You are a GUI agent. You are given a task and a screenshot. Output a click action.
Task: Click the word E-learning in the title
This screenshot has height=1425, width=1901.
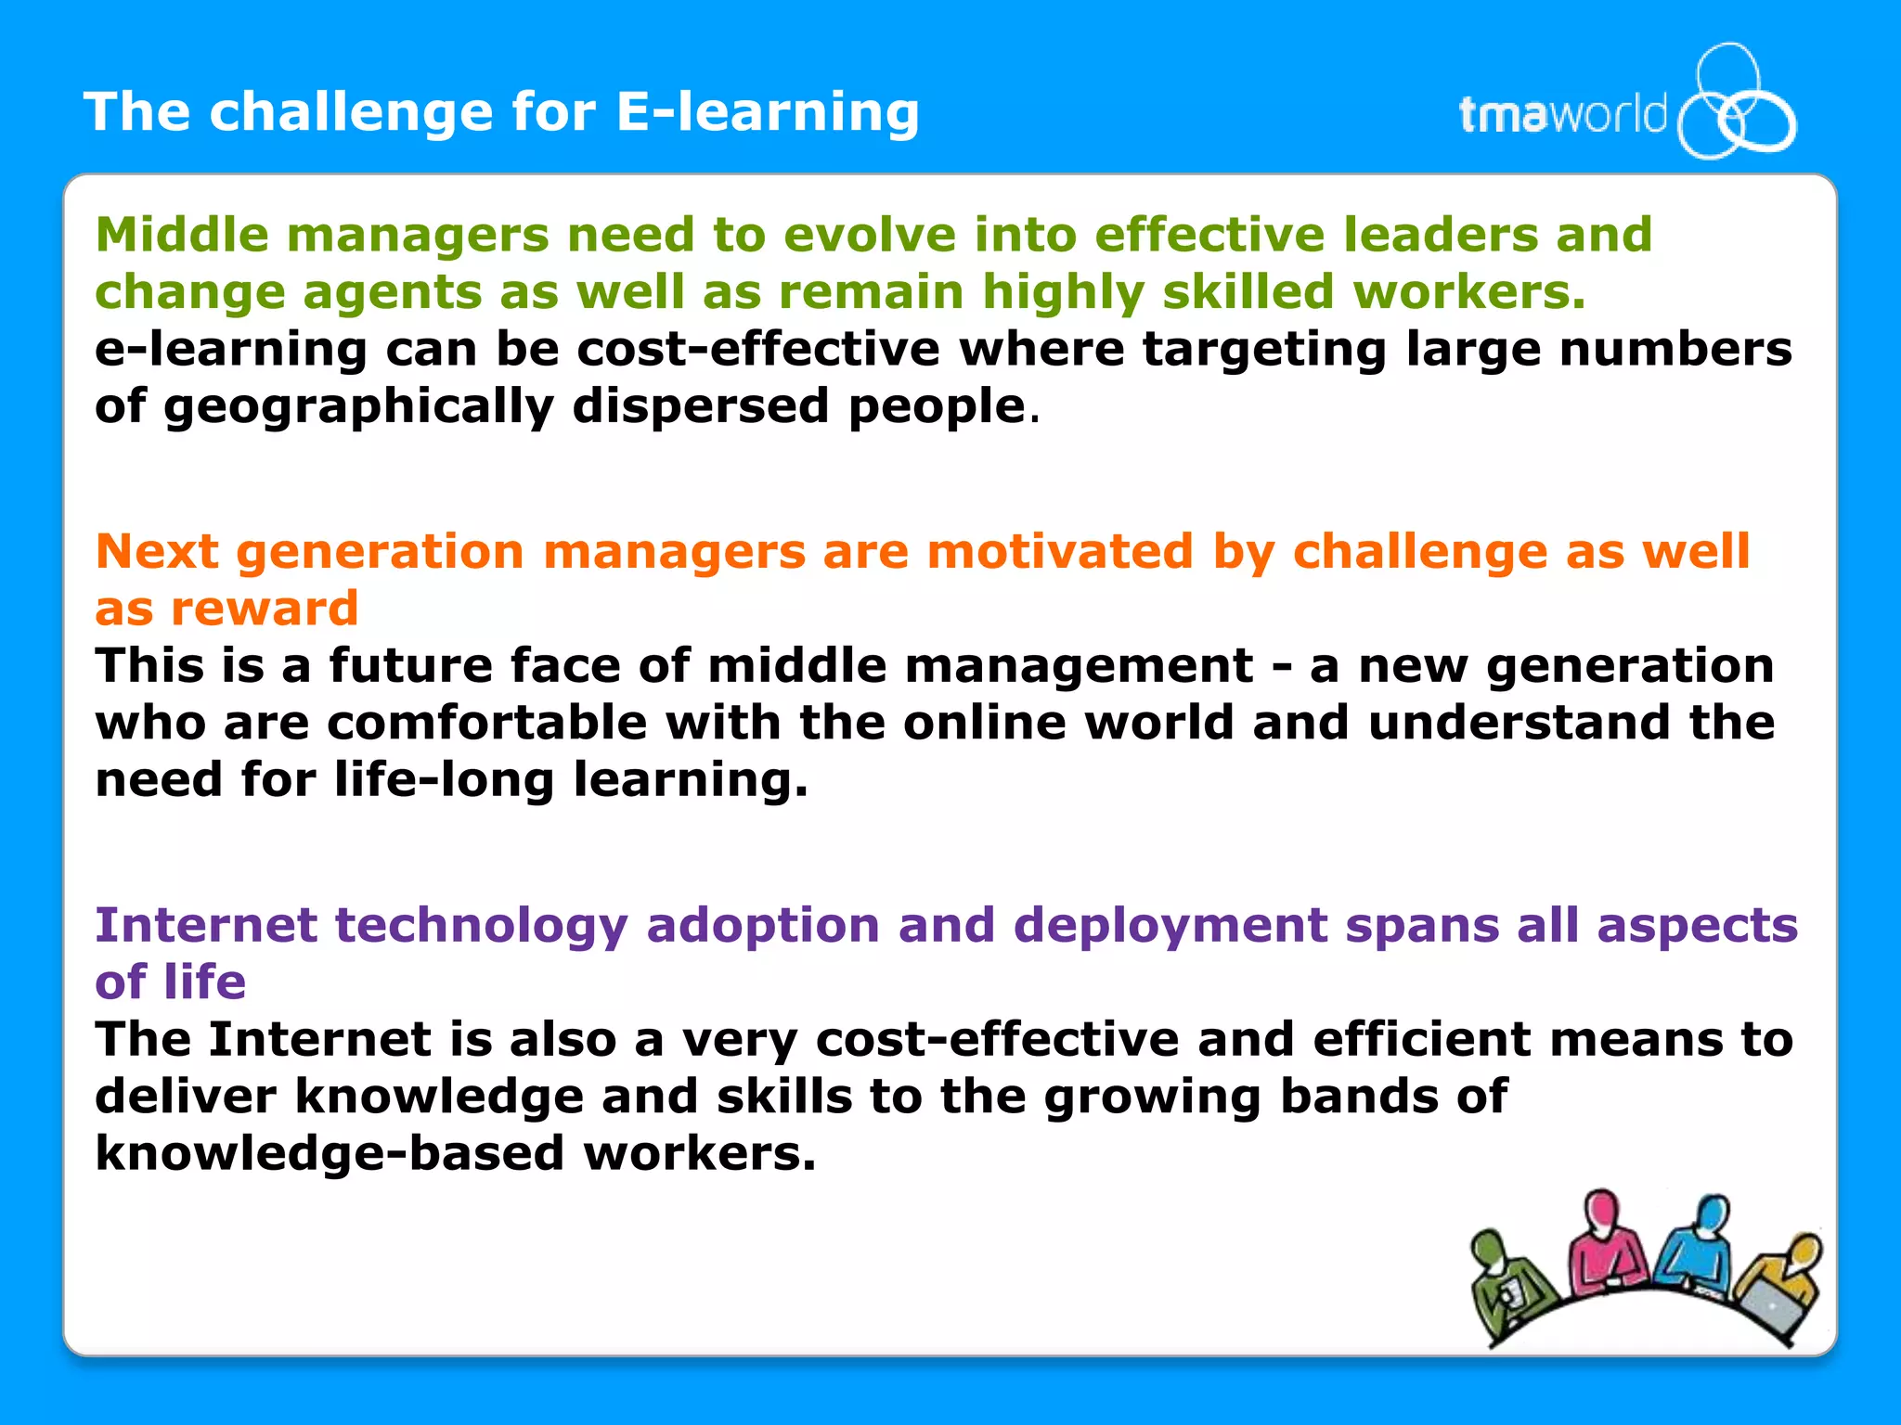pos(767,113)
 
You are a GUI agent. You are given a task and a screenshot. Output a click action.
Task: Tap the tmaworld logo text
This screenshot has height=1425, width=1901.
pos(1562,116)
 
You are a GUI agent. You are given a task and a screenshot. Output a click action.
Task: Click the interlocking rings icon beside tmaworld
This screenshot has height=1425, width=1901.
pos(1736,102)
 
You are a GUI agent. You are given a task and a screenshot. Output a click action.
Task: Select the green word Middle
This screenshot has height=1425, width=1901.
pos(182,234)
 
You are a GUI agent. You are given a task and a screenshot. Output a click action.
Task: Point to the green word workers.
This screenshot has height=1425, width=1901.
pos(1468,291)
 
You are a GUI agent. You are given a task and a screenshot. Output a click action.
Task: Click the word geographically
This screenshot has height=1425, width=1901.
pos(358,406)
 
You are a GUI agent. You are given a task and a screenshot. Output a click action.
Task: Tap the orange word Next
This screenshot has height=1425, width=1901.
pos(156,551)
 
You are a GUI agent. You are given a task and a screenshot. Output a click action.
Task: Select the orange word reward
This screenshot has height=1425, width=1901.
pos(265,609)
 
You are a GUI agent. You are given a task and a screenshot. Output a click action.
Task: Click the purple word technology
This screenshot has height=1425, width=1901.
pos(482,925)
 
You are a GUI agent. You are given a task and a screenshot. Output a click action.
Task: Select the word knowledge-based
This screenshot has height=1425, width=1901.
pos(330,1153)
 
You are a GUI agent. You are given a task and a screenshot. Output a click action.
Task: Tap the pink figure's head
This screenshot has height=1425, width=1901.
pos(1600,1208)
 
